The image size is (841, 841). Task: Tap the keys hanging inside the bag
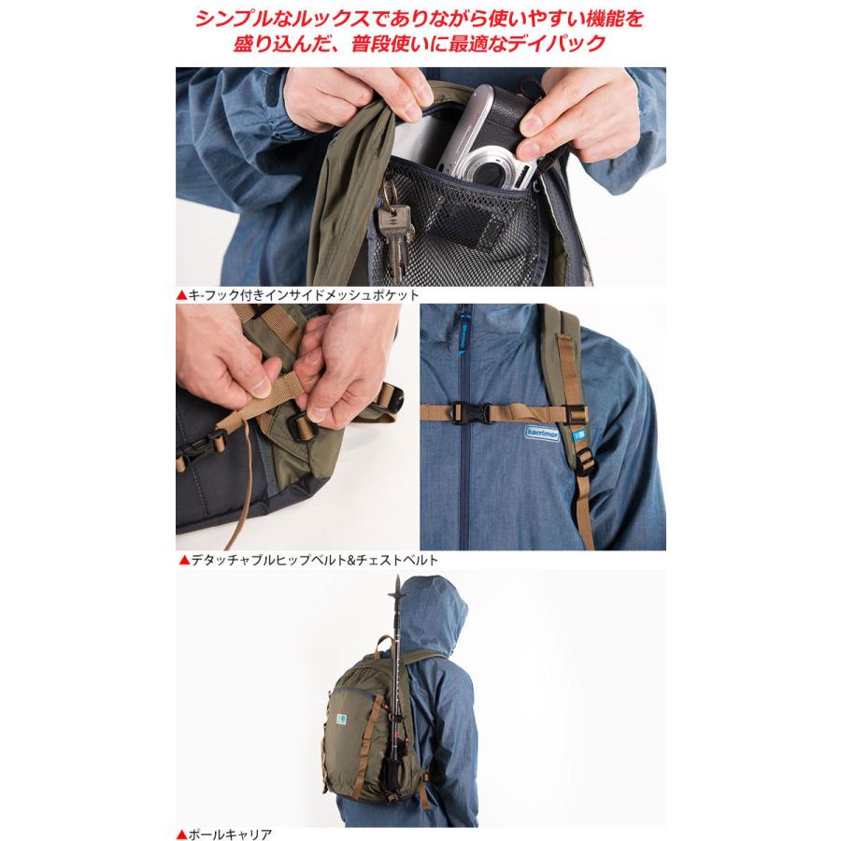[392, 234]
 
